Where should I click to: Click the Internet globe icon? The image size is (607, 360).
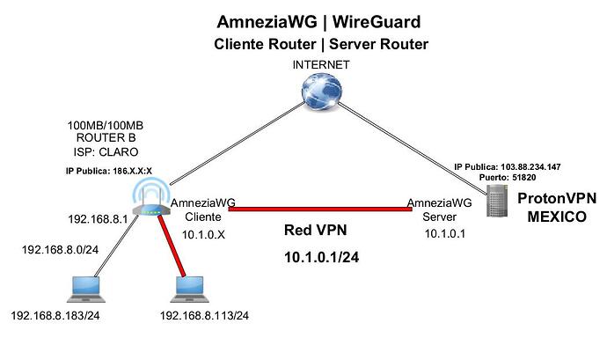click(x=321, y=92)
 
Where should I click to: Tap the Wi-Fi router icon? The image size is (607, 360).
click(x=151, y=197)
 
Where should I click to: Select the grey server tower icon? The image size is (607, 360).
click(x=497, y=201)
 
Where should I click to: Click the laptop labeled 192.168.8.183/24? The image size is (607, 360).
click(x=86, y=290)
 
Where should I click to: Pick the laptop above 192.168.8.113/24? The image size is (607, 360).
click(x=190, y=290)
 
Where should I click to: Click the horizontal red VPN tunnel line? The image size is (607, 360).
click(x=320, y=209)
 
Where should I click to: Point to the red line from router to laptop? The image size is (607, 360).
click(x=172, y=246)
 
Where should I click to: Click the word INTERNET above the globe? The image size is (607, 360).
click(x=321, y=65)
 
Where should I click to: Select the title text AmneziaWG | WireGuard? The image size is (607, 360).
click(x=318, y=22)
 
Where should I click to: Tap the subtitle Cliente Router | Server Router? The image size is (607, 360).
click(x=321, y=44)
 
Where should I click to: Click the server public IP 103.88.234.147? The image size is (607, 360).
click(x=530, y=167)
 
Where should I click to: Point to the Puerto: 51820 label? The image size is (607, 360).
click(x=508, y=178)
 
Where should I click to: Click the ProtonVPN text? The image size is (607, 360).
click(x=557, y=198)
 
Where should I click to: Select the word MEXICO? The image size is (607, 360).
click(x=557, y=217)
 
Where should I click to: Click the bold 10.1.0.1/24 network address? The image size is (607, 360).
click(x=322, y=257)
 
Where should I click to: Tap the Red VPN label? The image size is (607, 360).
click(x=316, y=231)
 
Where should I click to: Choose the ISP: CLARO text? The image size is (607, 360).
click(x=106, y=152)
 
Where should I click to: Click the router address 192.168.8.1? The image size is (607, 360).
click(x=98, y=219)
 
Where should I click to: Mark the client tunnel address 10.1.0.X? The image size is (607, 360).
click(x=203, y=234)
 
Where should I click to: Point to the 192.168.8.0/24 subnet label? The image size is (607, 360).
click(x=60, y=250)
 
